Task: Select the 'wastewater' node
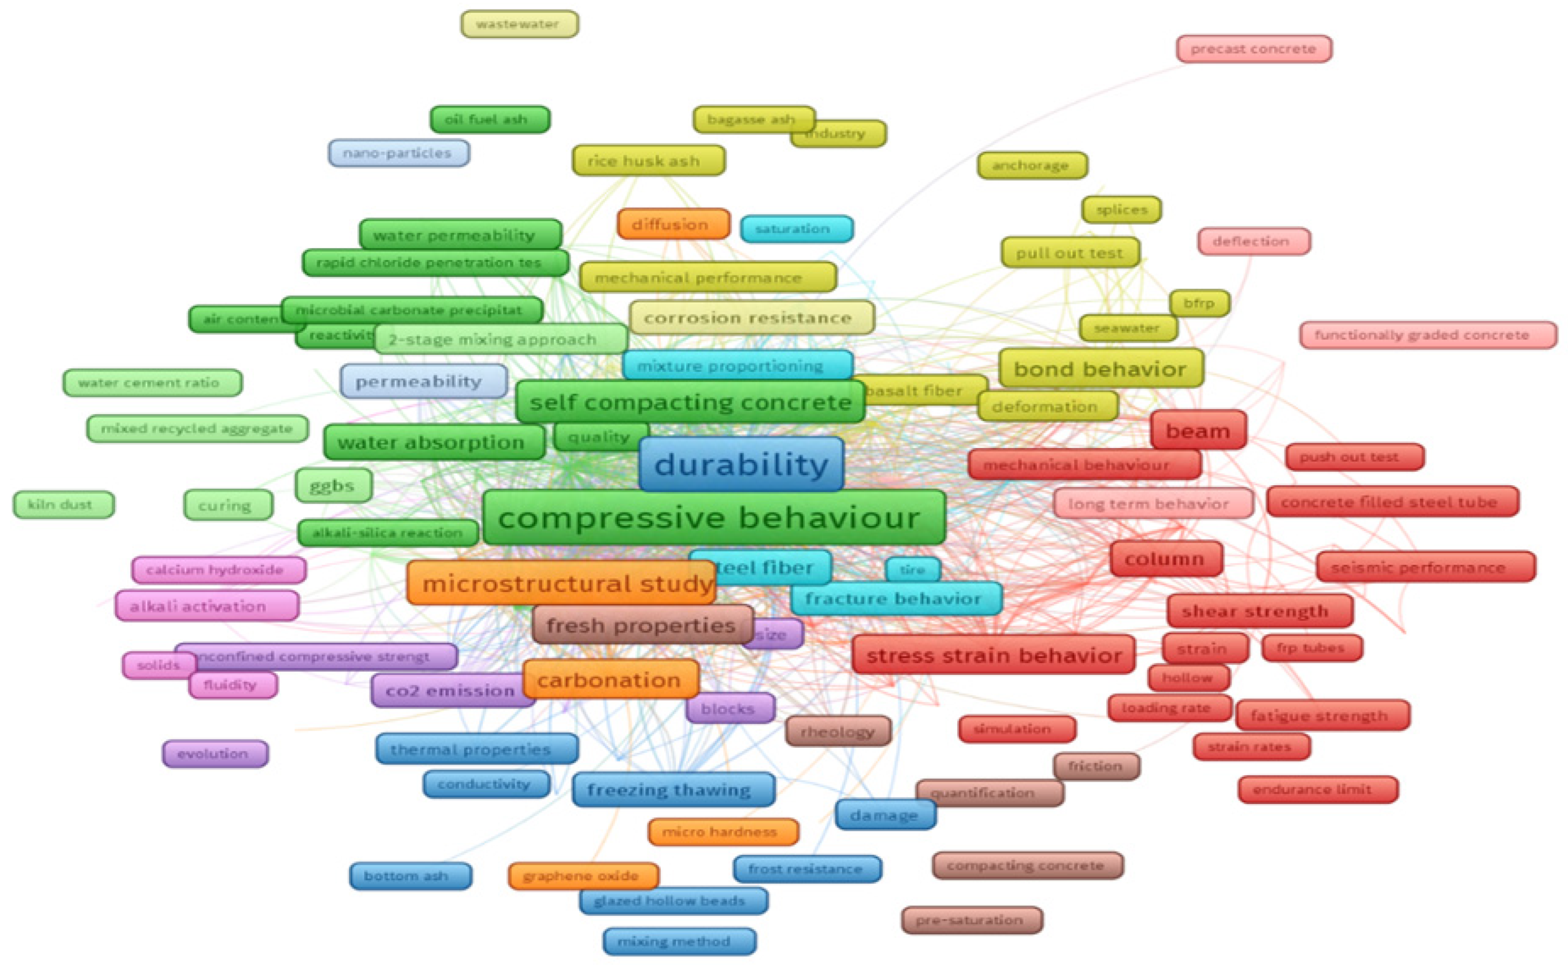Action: pyautogui.click(x=519, y=25)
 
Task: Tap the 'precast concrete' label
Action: pyautogui.click(x=1253, y=49)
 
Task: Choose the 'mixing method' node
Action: pyautogui.click(x=679, y=941)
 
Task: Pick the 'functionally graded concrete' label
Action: pyautogui.click(x=1427, y=335)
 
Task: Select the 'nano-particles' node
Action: pyautogui.click(x=398, y=153)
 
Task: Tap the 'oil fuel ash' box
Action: pyautogui.click(x=489, y=119)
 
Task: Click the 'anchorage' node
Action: pyautogui.click(x=1031, y=165)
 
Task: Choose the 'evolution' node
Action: pyautogui.click(x=215, y=754)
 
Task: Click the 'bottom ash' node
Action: pyautogui.click(x=410, y=876)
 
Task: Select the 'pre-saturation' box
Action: pyautogui.click(x=971, y=920)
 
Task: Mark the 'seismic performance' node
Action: pyautogui.click(x=1425, y=567)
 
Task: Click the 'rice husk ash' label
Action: pyautogui.click(x=648, y=161)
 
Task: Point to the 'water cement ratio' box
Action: pyautogui.click(x=152, y=382)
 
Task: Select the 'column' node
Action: pyautogui.click(x=1165, y=559)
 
